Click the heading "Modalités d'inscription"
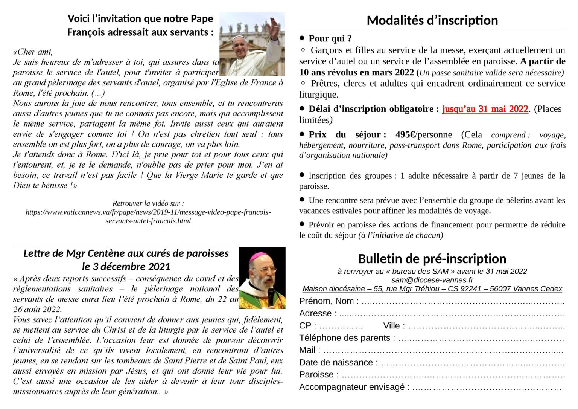click(x=432, y=20)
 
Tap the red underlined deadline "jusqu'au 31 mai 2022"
click(x=485, y=109)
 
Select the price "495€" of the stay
click(x=405, y=135)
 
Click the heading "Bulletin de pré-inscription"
click(x=432, y=259)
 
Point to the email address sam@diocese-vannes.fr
click(x=432, y=280)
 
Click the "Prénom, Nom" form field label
click(x=329, y=301)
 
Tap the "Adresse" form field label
click(x=315, y=313)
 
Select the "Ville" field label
click(x=394, y=326)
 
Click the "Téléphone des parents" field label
click(x=347, y=338)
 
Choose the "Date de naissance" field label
click(x=336, y=362)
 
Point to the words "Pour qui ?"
click(x=330, y=38)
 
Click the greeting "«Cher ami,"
click(x=33, y=52)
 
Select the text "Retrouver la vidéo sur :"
click(x=148, y=203)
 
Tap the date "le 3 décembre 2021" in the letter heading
click(x=126, y=267)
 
